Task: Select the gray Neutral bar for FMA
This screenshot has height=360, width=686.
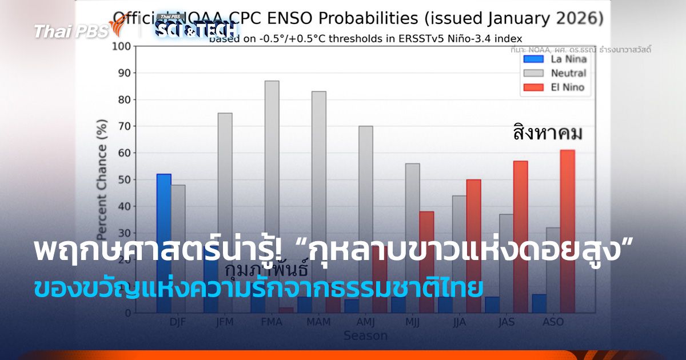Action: click(272, 171)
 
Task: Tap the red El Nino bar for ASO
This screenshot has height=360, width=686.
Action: click(567, 194)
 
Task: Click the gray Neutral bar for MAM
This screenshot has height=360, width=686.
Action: click(318, 171)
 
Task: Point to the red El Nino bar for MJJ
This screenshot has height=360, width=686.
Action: click(426, 229)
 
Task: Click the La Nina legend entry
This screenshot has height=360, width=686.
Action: click(552, 59)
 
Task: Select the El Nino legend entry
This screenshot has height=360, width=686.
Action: click(552, 87)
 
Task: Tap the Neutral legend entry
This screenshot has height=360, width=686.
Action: click(552, 73)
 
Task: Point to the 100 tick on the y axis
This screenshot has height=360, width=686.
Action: click(122, 46)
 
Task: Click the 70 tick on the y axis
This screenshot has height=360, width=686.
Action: click(125, 126)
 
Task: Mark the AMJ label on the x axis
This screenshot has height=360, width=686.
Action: click(365, 322)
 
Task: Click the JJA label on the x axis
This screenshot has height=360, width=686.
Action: click(459, 322)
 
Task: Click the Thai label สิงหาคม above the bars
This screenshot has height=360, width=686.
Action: click(547, 134)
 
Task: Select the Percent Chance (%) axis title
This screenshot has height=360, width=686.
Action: click(102, 183)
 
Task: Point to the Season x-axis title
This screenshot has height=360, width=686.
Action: click(365, 336)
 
